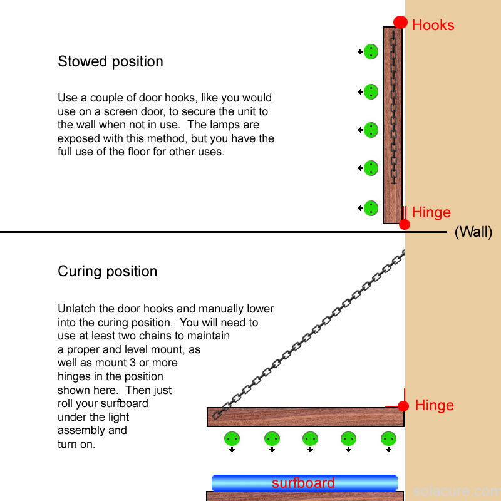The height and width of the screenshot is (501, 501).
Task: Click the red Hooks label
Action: point(433,25)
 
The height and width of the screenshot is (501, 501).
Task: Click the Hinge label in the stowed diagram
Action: point(431,212)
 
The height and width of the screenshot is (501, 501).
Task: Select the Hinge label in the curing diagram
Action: point(434,405)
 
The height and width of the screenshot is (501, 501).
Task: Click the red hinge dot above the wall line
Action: point(405,224)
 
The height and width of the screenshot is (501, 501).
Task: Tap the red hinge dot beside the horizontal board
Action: point(403,406)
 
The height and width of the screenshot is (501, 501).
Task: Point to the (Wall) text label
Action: point(473,232)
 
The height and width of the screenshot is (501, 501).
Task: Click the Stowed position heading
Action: point(110,61)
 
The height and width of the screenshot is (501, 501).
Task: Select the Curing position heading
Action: point(107,271)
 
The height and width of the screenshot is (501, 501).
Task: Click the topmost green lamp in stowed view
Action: point(371,51)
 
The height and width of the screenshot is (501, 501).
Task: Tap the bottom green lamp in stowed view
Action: point(371,207)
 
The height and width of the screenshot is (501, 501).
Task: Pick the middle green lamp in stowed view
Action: point(371,130)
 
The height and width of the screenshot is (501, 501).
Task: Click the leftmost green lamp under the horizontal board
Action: point(232,438)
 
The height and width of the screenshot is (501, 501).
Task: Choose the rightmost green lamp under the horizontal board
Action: point(388,438)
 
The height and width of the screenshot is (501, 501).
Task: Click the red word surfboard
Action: point(303,483)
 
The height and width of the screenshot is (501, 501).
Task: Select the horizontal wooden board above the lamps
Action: point(305,417)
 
